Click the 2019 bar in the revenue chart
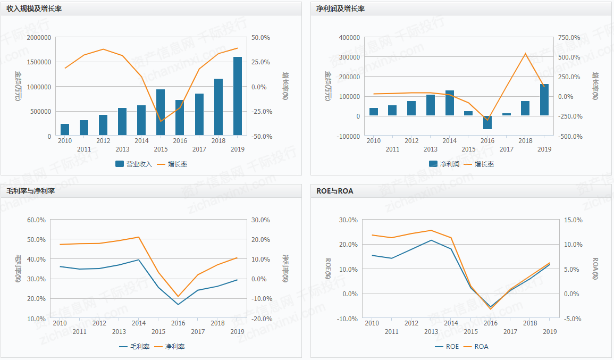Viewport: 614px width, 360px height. point(238,96)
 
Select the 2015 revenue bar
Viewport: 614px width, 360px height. point(161,112)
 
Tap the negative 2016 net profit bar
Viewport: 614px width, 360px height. point(487,122)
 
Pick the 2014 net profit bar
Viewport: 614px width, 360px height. point(450,103)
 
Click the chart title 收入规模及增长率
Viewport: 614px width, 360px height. point(34,9)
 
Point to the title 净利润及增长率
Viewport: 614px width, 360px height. point(340,9)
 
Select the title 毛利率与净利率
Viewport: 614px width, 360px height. point(30,191)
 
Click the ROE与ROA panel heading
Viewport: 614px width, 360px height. point(335,191)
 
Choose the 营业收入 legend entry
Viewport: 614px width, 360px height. point(133,164)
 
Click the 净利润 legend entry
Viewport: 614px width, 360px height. point(444,164)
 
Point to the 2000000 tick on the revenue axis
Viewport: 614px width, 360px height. point(38,38)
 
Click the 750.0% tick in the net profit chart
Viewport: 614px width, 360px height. point(569,38)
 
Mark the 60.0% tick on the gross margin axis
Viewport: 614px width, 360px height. point(37,220)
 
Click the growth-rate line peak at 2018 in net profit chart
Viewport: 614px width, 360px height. point(525,53)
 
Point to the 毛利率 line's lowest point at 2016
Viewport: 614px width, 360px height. point(178,305)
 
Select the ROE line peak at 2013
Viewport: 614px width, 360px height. point(431,240)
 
